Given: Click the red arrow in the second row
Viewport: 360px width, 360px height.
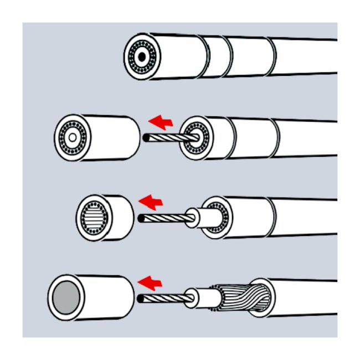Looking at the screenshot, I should pyautogui.click(x=161, y=120).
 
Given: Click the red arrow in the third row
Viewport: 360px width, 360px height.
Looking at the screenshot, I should pyautogui.click(x=151, y=200).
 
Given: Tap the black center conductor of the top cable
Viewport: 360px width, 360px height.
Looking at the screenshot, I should pyautogui.click(x=142, y=56).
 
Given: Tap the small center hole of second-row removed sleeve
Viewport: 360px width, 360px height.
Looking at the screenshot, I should pyautogui.click(x=73, y=137).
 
